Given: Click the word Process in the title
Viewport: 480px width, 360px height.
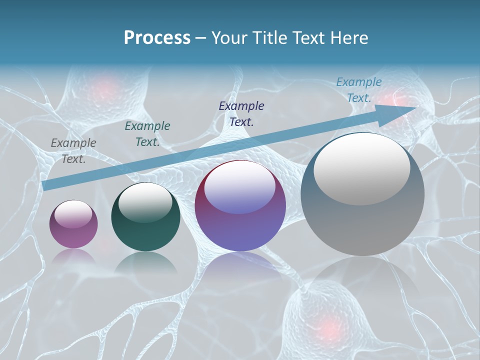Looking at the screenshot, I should [x=157, y=37].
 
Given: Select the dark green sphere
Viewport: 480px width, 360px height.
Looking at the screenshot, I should [x=145, y=217].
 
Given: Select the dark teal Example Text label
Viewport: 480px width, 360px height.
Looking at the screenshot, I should [x=147, y=134].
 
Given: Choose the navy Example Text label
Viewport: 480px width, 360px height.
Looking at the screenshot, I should [x=241, y=113].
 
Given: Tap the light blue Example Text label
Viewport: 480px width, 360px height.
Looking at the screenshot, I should [x=359, y=90].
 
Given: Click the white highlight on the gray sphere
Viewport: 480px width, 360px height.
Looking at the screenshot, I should [x=361, y=167].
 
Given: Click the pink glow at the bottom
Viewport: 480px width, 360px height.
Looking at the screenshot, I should [x=327, y=327].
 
